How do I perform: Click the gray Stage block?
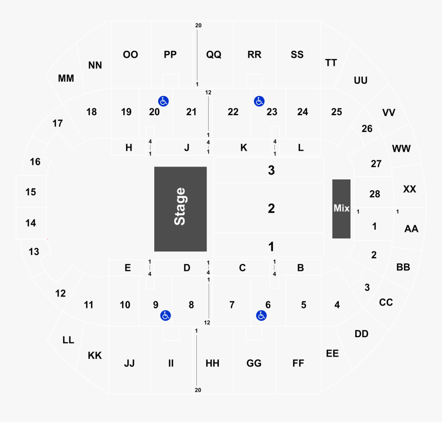coord(180,209)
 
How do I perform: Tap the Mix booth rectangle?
coord(341,208)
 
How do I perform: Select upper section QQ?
coord(213,54)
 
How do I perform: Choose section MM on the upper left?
coord(66,79)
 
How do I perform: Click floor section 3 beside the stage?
coord(271,170)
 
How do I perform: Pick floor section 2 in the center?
coord(271,209)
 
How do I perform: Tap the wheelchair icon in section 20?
coord(163,101)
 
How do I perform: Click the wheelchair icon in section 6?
coord(261,315)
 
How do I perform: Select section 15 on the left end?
coord(31,192)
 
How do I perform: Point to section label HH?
coord(212,363)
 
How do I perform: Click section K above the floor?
coord(244,148)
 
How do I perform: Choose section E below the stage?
coord(127,267)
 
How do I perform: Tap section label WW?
coord(401,149)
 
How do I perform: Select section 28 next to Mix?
coord(374,194)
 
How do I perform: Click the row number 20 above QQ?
coord(198,25)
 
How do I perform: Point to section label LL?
coord(68,340)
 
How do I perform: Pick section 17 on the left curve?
coord(58,123)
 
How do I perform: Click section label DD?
coord(361,334)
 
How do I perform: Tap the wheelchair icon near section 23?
coord(259,101)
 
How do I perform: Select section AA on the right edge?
coord(411,229)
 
